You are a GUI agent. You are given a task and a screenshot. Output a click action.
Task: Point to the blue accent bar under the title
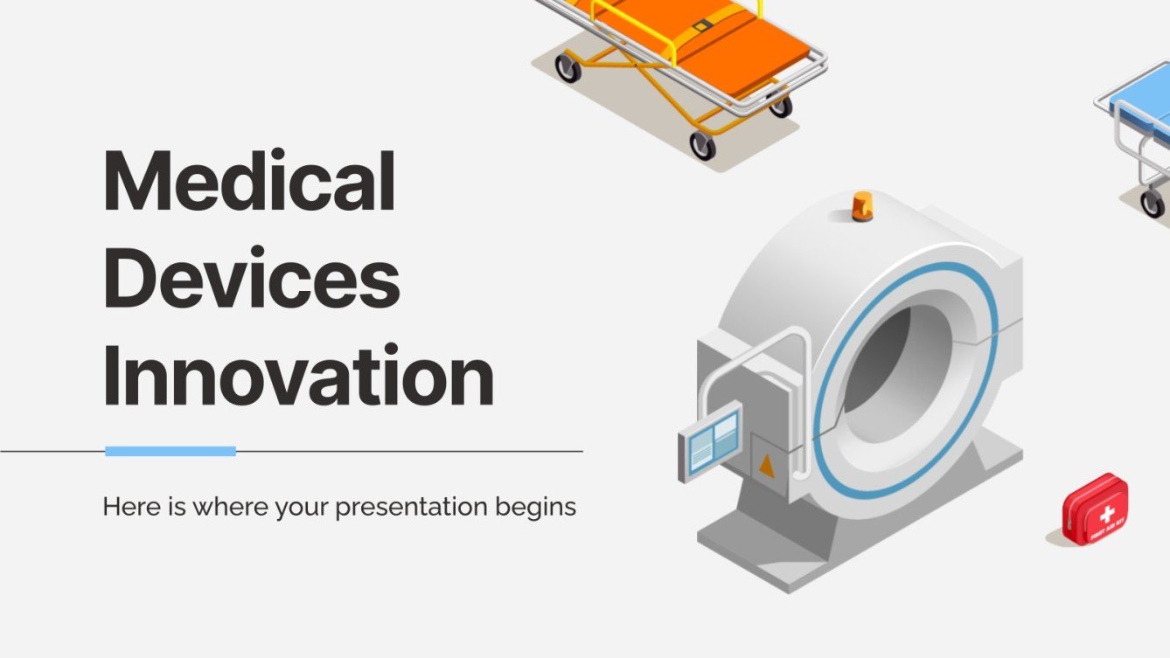pyautogui.click(x=171, y=451)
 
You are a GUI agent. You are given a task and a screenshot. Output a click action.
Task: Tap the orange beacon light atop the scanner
pyautogui.click(x=862, y=205)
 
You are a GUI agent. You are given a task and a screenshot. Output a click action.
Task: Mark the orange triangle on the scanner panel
pyautogui.click(x=767, y=467)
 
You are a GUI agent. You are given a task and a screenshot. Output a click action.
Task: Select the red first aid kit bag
pyautogui.click(x=1095, y=509)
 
